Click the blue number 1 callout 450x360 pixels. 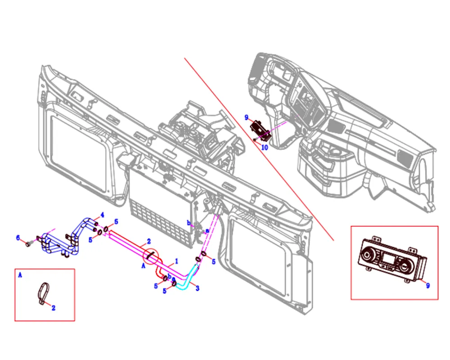coord(177,261)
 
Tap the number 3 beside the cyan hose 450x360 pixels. coord(197,288)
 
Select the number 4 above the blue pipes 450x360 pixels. coord(102,214)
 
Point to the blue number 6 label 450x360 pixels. coord(18,238)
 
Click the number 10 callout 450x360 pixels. coord(265,147)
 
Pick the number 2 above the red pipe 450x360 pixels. coord(149,241)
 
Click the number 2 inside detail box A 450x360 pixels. coord(53,308)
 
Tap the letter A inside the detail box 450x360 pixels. coord(20,274)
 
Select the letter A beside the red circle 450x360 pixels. coord(143,266)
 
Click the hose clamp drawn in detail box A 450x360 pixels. coord(43,294)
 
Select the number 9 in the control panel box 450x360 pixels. coord(428,285)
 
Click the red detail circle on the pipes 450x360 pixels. coord(151,257)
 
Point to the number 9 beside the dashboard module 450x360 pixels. coord(246,117)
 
